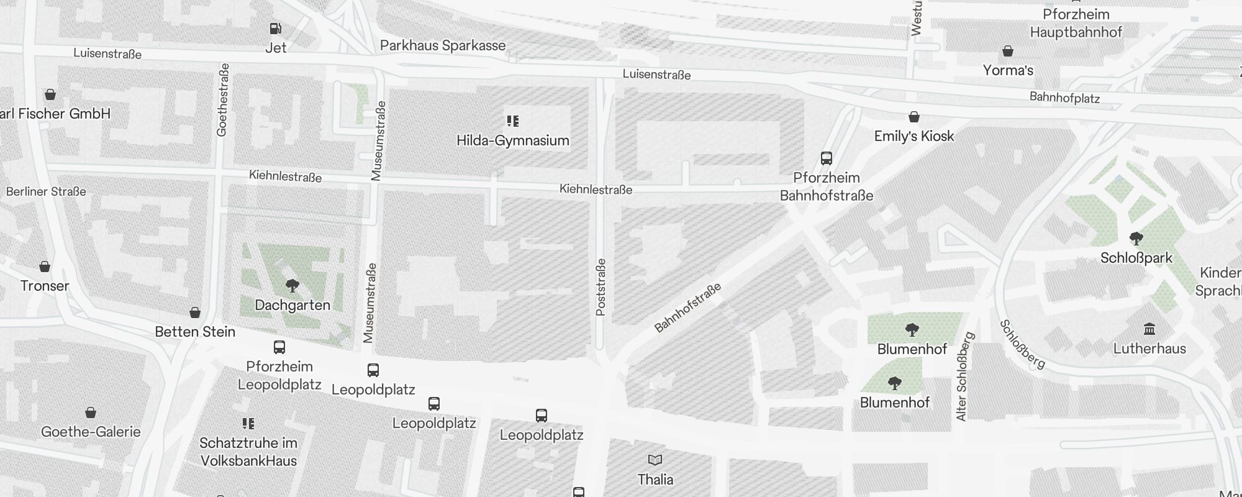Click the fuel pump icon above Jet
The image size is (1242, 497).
pyautogui.click(x=275, y=29)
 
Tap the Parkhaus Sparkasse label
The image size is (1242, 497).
pyautogui.click(x=443, y=45)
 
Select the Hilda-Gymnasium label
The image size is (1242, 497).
pyautogui.click(x=512, y=140)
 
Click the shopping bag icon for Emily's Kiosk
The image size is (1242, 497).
pyautogui.click(x=914, y=117)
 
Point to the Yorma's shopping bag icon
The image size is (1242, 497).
pyautogui.click(x=1008, y=51)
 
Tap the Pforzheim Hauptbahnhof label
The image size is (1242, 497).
pyautogui.click(x=1076, y=23)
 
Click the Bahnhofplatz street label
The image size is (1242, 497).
pyautogui.click(x=1064, y=98)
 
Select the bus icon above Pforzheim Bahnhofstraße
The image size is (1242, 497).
pyautogui.click(x=827, y=158)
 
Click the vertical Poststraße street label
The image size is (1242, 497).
pyautogui.click(x=601, y=287)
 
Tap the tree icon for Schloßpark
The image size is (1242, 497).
pyautogui.click(x=1136, y=239)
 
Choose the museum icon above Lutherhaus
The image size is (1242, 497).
pyautogui.click(x=1149, y=329)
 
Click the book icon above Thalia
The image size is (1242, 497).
pyautogui.click(x=655, y=460)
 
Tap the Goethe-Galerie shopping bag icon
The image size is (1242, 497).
pyautogui.click(x=91, y=413)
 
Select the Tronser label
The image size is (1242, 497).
pyautogui.click(x=45, y=286)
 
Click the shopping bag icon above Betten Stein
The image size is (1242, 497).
pyautogui.click(x=195, y=312)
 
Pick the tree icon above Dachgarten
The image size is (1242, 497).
pyautogui.click(x=292, y=286)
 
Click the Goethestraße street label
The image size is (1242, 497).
pyautogui.click(x=223, y=99)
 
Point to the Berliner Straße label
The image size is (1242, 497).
pyautogui.click(x=46, y=191)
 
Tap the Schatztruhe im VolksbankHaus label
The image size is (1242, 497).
pyautogui.click(x=248, y=452)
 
